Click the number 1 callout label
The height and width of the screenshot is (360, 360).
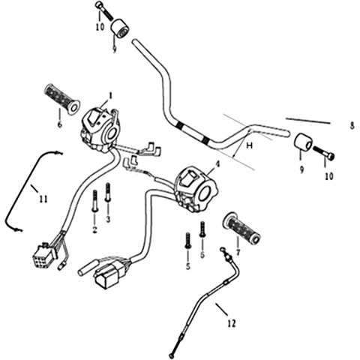click(110, 95)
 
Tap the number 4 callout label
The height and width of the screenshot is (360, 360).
click(217, 164)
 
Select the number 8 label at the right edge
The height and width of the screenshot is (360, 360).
click(352, 125)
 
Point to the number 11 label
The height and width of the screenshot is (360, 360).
click(43, 199)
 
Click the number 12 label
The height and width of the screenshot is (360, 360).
click(232, 323)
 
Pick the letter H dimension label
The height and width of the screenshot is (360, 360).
click(249, 145)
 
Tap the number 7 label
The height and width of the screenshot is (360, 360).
click(238, 252)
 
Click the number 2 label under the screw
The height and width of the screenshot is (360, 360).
click(94, 230)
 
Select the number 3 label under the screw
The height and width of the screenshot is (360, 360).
click(108, 219)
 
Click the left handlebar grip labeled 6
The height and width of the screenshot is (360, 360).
click(62, 99)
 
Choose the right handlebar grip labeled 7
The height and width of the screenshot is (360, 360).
click(241, 228)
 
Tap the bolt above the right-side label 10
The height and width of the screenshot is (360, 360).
click(324, 152)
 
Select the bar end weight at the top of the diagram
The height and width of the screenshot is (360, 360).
click(119, 29)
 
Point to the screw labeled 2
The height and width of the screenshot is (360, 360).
click(94, 201)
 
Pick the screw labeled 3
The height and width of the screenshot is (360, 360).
click(108, 192)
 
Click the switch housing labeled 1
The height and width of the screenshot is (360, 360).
click(100, 130)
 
